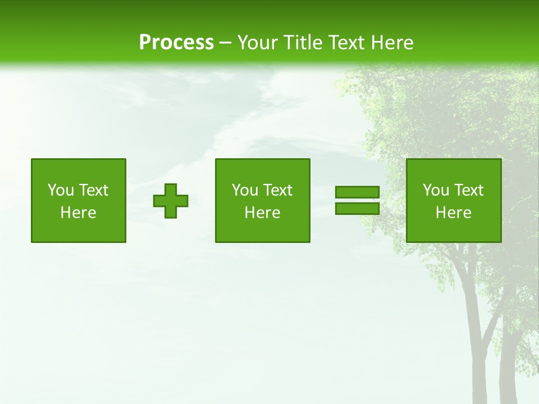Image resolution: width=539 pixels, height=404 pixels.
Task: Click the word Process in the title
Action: [176, 43]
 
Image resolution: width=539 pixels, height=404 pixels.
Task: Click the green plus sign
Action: [171, 200]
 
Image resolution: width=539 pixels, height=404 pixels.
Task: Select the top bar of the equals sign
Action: [357, 192]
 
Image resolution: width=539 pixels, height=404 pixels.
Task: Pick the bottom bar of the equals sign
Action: [357, 208]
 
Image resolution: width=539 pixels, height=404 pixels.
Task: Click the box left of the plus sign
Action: [79, 200]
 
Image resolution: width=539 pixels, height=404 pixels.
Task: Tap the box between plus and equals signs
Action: [262, 200]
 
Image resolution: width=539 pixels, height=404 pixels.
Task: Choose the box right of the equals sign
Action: [454, 200]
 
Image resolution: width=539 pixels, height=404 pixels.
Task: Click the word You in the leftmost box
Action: [61, 190]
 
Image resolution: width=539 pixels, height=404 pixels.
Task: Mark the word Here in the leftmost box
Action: [79, 213]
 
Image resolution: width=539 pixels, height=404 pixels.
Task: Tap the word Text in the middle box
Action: [277, 190]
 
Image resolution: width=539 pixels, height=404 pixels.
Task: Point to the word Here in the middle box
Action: [262, 213]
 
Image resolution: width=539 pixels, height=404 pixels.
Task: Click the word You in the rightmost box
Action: [436, 190]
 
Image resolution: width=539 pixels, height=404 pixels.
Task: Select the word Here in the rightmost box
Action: [454, 213]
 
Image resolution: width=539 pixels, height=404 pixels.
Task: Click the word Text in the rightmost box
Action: [468, 190]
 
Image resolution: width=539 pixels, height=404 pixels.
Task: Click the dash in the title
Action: [225, 43]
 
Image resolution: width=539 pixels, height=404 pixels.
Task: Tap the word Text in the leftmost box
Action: [93, 190]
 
